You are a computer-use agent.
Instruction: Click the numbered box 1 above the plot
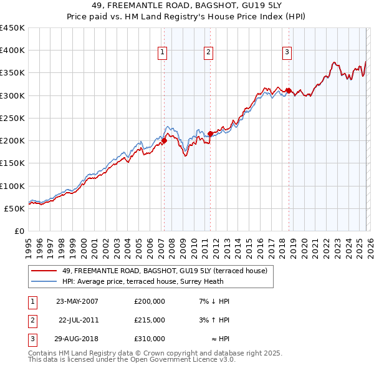point(162,52)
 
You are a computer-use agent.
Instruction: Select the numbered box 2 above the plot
point(208,52)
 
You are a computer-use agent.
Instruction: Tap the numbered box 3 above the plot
point(287,52)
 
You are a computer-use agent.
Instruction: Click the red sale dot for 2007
point(165,140)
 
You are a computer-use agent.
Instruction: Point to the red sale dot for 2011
point(211,133)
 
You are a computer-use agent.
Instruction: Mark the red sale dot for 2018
point(289,90)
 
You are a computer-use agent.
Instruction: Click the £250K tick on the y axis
point(12,118)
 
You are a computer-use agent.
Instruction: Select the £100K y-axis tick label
point(12,186)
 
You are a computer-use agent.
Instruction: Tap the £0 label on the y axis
point(19,231)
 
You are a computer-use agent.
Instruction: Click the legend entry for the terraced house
point(165,271)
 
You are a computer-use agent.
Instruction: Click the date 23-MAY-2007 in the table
point(77,301)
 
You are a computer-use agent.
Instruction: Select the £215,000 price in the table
point(150,320)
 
